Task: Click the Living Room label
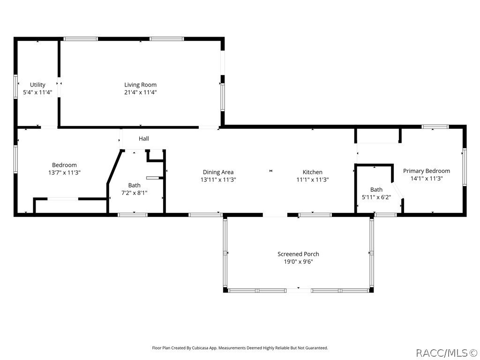140,85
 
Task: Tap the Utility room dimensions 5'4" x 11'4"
37,92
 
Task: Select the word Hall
143,139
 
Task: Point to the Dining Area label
218,172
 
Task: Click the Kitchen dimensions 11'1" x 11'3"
312,180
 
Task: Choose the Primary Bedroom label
427,171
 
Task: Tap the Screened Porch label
298,254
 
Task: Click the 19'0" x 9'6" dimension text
298,262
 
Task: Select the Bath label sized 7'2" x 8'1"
134,185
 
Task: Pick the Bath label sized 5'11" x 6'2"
376,190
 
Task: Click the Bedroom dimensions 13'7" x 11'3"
64,172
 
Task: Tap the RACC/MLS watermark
446,352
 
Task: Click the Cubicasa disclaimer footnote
240,348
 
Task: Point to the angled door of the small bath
397,191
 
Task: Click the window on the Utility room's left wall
15,87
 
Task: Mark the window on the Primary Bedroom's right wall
464,167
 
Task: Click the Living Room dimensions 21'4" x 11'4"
140,92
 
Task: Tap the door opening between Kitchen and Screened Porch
275,215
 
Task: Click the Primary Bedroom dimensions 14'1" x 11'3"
427,178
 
